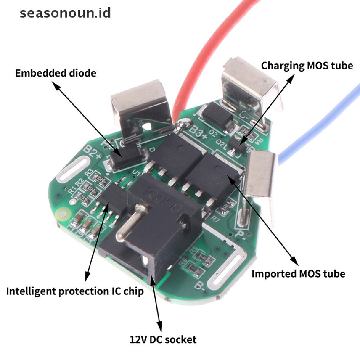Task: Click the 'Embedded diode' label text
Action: click(x=56, y=73)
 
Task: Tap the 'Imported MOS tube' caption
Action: click(x=298, y=274)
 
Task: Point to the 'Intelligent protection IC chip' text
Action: click(x=75, y=291)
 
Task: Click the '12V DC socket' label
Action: click(x=163, y=340)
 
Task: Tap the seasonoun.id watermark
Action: click(x=65, y=13)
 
